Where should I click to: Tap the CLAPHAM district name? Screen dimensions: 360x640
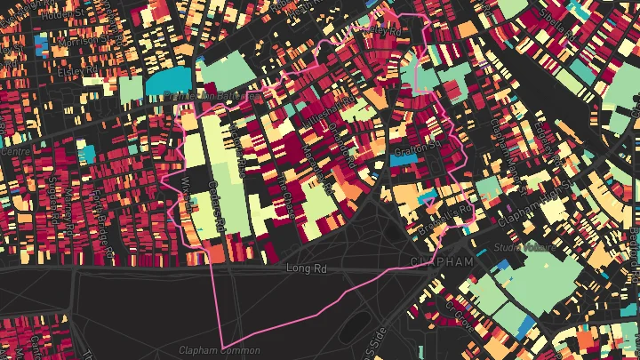(443, 261)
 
